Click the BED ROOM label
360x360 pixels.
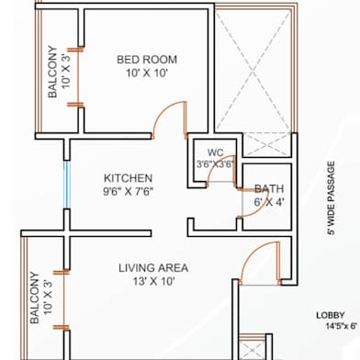(x=147, y=60)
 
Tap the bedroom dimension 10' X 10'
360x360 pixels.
(x=147, y=73)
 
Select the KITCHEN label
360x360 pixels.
(x=128, y=178)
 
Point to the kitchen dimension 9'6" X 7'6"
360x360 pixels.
(x=128, y=192)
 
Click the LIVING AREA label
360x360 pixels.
(x=153, y=268)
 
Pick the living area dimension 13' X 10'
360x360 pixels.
(x=153, y=281)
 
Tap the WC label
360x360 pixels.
(x=215, y=152)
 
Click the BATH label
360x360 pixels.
(x=269, y=189)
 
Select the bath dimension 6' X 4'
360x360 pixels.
(x=269, y=202)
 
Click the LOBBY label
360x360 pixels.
(x=331, y=315)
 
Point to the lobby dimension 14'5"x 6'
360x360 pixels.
(x=341, y=326)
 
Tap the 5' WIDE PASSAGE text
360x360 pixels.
(x=332, y=198)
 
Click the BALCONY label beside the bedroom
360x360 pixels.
(x=52, y=72)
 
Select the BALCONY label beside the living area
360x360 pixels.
(x=35, y=298)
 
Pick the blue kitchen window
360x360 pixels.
(x=67, y=185)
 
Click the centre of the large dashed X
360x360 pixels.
(x=253, y=73)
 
